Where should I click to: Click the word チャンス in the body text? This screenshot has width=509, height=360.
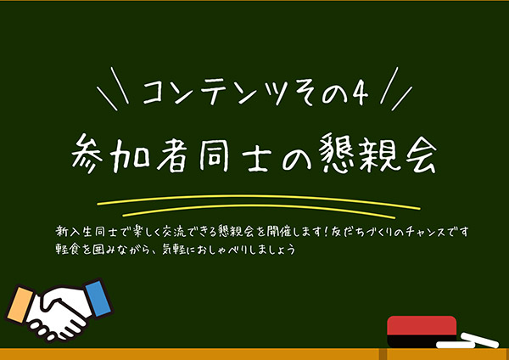click(421, 230)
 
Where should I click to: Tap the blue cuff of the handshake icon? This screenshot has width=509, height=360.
click(98, 295)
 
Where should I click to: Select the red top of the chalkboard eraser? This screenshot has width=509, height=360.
click(422, 323)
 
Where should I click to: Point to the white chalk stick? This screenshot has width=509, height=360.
click(467, 343)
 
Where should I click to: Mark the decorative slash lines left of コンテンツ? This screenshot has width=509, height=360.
click(109, 88)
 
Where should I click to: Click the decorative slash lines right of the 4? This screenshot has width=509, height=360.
click(396, 88)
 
